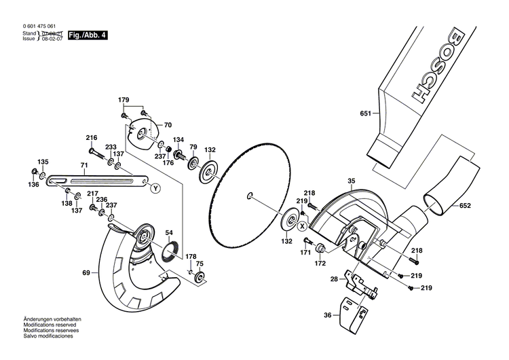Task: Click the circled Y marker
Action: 155,187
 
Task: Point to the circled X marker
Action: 302,225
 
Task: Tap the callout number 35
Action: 352,181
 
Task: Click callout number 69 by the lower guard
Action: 86,273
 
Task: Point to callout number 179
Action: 124,101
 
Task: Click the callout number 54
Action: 168,232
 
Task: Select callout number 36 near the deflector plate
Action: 327,314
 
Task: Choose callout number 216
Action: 92,138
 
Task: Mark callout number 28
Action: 334,279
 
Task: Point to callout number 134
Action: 178,140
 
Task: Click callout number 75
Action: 200,264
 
